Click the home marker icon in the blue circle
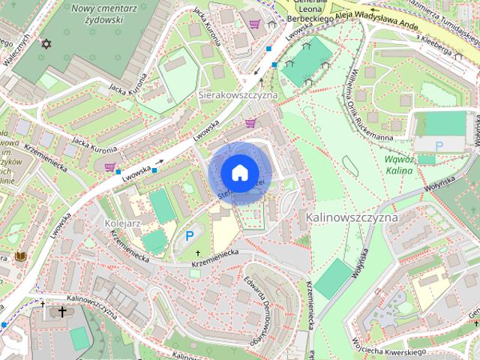pyautogui.click(x=238, y=173)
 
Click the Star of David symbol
pyautogui.click(x=46, y=45)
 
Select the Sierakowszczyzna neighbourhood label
pyautogui.click(x=238, y=96)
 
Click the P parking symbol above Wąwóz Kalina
pyautogui.click(x=439, y=145)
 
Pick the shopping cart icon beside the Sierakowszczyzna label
pyautogui.click(x=250, y=123)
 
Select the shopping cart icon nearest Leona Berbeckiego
pyautogui.click(x=255, y=24)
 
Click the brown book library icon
pyautogui.click(x=21, y=257)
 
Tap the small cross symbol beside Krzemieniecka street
pyautogui.click(x=199, y=253)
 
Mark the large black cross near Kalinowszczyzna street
pyautogui.click(x=62, y=311)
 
